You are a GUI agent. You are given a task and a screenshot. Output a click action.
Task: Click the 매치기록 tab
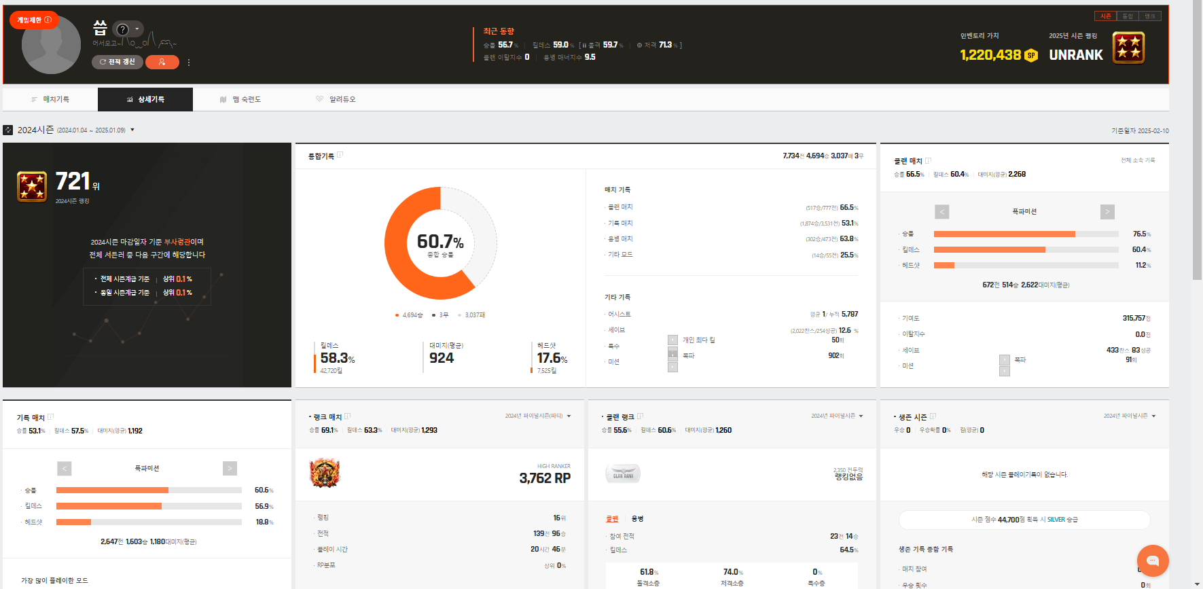coord(50,99)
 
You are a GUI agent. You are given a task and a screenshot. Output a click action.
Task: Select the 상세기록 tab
coord(145,99)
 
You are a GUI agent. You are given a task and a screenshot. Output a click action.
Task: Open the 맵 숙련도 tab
coord(240,99)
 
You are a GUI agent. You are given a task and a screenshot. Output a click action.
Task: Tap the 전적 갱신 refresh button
coord(118,62)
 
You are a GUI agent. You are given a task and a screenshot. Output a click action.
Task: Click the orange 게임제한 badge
coord(34,20)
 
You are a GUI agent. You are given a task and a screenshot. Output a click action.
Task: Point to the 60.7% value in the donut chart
coord(440,242)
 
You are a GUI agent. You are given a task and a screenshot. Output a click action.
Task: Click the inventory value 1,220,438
coord(990,55)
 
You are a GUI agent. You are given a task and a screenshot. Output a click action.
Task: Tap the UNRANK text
coord(1076,55)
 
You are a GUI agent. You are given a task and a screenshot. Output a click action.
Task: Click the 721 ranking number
coord(73,181)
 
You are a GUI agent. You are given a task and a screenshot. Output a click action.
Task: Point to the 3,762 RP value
coord(545,478)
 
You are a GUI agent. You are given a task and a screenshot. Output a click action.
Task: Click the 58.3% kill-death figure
coord(337,358)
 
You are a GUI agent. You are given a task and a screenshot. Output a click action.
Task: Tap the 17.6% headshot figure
coord(552,358)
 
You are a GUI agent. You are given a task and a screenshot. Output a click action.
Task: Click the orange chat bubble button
coord(1152,560)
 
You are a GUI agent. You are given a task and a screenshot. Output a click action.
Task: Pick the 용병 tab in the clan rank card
coord(637,518)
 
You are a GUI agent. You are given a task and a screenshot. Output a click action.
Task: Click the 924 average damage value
coord(442,358)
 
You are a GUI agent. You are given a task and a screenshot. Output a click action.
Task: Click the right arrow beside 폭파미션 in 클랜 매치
coord(1107,212)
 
